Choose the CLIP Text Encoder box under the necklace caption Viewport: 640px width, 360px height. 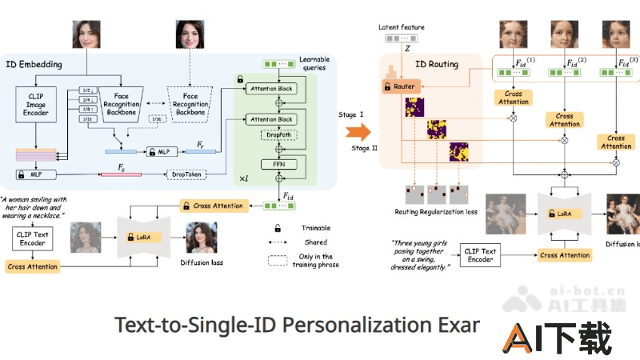[33, 238]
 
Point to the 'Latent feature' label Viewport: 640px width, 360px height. [402, 27]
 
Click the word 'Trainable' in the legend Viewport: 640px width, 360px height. [317, 227]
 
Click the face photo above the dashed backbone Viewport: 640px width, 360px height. [190, 35]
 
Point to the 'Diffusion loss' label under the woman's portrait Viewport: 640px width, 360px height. [202, 262]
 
